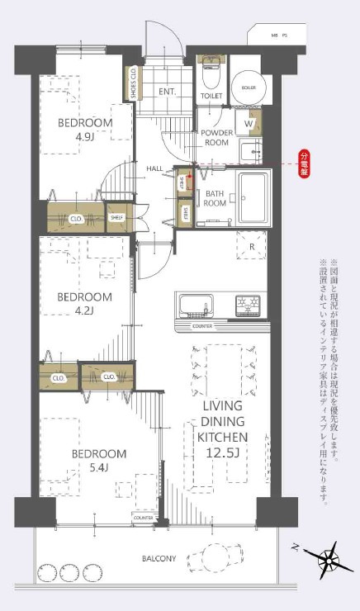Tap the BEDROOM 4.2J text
84,303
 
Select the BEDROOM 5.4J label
98,461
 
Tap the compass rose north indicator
328,560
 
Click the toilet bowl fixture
210,77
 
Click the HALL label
154,168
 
